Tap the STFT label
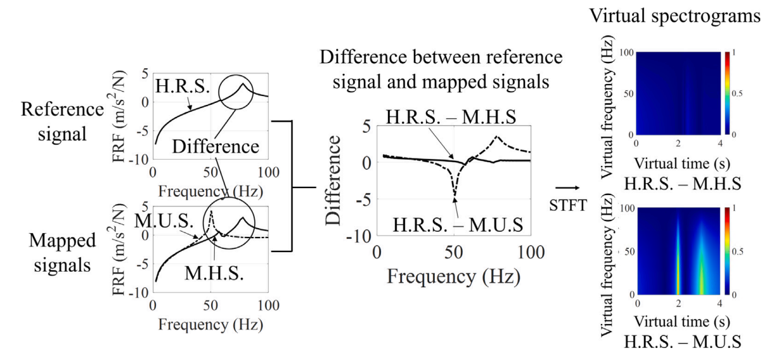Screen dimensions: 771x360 pos(568,205)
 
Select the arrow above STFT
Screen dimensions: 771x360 pos(568,188)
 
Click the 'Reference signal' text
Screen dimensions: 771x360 pos(63,121)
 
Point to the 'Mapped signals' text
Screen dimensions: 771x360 pos(63,253)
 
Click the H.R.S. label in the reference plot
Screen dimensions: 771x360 pos(183,86)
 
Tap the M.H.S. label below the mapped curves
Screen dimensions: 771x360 pos(214,273)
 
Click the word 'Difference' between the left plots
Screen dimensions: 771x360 pos(216,147)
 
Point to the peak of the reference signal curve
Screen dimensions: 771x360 pos(243,83)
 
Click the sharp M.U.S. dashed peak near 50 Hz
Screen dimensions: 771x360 pos(211,212)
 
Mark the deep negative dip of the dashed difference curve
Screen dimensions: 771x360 pos(454,195)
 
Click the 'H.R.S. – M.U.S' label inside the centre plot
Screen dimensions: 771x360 pos(458,225)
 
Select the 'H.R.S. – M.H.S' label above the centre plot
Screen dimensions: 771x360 pos(451,117)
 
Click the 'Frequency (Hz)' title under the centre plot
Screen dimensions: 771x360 pos(454,276)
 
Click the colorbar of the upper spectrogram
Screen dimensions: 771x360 pos(727,93)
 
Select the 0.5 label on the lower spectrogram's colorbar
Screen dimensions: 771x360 pos(738,252)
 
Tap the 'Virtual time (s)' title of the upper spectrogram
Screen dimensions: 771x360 pos(682,164)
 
